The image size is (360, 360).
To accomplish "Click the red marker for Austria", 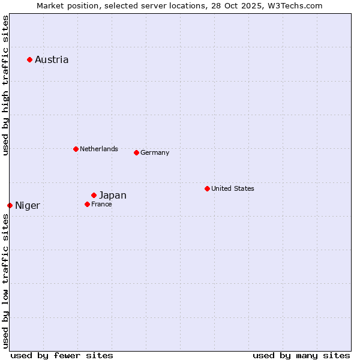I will click(29, 59).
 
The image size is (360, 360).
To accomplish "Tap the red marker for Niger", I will click(10, 205).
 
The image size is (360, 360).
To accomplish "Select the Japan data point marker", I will click(94, 195).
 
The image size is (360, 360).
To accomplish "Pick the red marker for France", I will click(87, 204).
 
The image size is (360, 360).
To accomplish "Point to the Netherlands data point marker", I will click(76, 149).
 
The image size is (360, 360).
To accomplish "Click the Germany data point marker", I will click(136, 152).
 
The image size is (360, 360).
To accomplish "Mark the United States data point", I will click(207, 188).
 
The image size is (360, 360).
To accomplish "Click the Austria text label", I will click(52, 59).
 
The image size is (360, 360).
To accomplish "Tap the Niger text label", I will click(28, 206).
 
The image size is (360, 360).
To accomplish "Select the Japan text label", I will click(113, 195).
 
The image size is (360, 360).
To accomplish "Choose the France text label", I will click(101, 204).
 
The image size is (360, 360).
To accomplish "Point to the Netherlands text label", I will click(99, 149).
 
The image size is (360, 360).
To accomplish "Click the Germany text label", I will click(155, 152).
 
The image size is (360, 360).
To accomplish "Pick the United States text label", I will click(233, 188).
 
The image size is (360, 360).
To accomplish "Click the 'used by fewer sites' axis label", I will click(62, 355).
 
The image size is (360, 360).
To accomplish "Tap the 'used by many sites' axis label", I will click(301, 355).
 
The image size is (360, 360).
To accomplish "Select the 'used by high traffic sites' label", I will click(5, 85).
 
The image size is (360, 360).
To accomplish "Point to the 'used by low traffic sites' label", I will click(5, 281).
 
